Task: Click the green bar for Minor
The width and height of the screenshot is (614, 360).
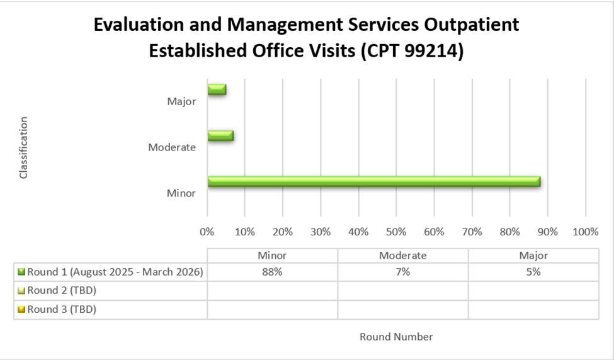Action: [x=373, y=182]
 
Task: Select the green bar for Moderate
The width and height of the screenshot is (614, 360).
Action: [x=220, y=136]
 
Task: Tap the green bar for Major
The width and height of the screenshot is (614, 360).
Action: [x=217, y=90]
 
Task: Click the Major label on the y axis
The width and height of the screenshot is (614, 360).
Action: [x=181, y=101]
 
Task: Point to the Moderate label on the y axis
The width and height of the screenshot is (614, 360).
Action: [x=172, y=147]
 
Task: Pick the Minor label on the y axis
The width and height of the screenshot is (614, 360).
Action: [x=181, y=193]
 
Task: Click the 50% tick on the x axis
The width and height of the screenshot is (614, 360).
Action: [x=396, y=232]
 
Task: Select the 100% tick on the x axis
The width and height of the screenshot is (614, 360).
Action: [x=586, y=232]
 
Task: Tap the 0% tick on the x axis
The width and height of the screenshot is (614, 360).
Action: [x=207, y=232]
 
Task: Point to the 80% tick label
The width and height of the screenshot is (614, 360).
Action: [x=510, y=232]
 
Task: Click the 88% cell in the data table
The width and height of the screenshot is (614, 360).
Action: [x=272, y=272]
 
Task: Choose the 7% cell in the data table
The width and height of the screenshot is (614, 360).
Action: [x=402, y=272]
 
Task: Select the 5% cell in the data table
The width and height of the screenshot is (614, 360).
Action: [x=533, y=272]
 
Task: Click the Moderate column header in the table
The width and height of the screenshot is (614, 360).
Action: [x=402, y=256]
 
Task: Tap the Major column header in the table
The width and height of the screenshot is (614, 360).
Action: [x=533, y=256]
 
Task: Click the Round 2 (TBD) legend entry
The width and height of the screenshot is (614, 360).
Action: [x=61, y=290]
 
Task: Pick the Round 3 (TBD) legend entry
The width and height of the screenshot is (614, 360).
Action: [x=61, y=309]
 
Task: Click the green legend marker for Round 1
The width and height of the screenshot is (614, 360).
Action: [x=21, y=272]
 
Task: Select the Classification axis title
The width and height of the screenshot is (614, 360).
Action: [x=24, y=147]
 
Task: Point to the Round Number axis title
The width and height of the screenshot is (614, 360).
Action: [x=396, y=337]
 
